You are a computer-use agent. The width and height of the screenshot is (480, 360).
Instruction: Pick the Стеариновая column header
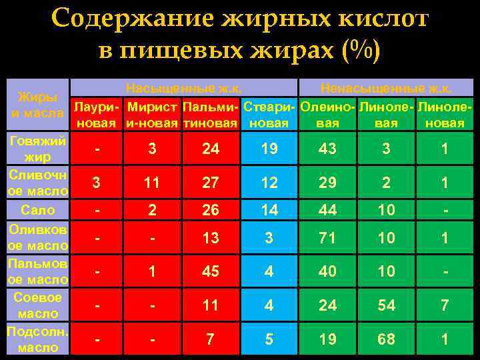tap(269, 115)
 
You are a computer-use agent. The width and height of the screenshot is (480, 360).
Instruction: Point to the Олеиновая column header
tap(327, 115)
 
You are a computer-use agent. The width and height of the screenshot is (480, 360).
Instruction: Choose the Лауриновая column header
tap(97, 115)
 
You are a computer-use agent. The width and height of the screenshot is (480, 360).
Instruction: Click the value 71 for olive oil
tap(327, 238)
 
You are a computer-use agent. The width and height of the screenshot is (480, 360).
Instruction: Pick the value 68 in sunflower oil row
tap(386, 339)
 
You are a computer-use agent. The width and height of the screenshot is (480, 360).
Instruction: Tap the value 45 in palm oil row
tap(210, 271)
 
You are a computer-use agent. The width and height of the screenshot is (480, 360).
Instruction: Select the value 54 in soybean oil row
tap(386, 305)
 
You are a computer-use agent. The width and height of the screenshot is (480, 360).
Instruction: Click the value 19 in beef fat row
tap(269, 149)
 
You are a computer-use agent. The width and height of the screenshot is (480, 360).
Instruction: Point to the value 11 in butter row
tap(153, 183)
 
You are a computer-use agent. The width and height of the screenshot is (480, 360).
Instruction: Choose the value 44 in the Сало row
tap(327, 211)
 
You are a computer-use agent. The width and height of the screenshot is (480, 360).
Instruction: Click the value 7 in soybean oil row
tap(445, 305)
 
